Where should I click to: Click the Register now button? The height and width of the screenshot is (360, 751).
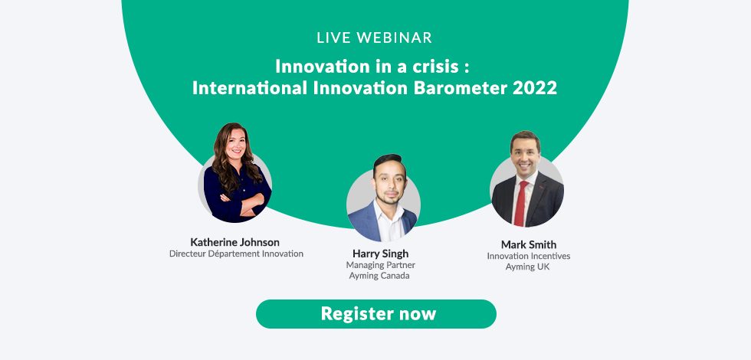click(376, 314)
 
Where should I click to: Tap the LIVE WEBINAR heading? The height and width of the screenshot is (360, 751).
click(375, 38)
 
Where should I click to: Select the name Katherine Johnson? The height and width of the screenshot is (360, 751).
click(234, 242)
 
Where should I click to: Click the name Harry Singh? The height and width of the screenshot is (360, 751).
click(380, 254)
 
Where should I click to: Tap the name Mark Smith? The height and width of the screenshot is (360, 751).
click(529, 244)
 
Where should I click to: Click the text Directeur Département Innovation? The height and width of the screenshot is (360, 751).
click(236, 254)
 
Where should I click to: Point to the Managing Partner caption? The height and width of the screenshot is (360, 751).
click(380, 265)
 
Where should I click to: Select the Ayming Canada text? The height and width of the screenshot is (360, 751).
click(379, 276)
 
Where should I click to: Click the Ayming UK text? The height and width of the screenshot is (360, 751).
click(527, 267)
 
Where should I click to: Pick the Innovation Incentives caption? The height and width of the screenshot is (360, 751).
click(528, 256)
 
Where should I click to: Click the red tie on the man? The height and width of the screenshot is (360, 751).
click(520, 204)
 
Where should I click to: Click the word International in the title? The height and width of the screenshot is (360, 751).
click(250, 88)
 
